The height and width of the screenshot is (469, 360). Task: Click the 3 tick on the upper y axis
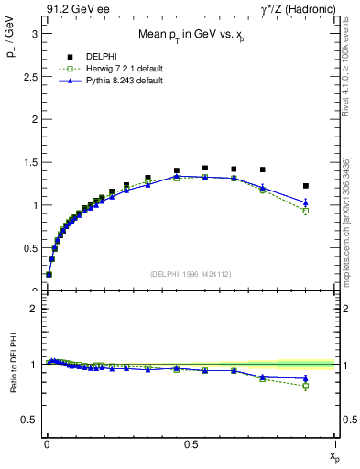pos(33,33)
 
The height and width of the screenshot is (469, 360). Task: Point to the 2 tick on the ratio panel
pos(33,309)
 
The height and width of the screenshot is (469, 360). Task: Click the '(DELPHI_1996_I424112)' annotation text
pos(190,274)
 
